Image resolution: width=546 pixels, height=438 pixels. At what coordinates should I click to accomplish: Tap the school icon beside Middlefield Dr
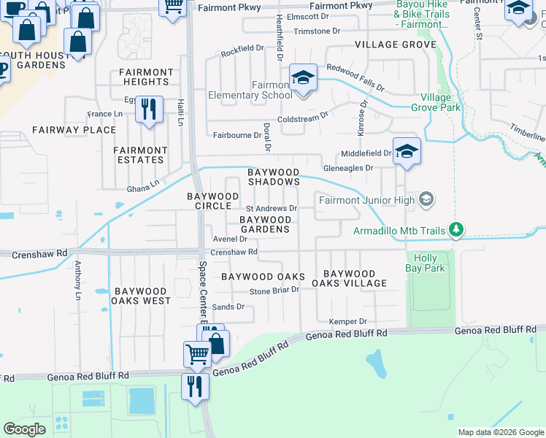point(407,151)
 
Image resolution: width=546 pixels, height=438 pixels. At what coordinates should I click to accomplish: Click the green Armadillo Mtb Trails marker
point(456,231)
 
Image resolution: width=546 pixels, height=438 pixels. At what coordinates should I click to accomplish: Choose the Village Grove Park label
point(440,102)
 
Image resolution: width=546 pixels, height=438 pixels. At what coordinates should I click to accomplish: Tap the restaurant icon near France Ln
point(150,109)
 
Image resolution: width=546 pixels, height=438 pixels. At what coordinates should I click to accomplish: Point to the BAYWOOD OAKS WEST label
point(141,296)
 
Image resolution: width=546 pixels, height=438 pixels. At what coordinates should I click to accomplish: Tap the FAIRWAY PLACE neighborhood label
point(74,130)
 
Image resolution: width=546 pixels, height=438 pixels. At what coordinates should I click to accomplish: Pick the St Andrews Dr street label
point(276,208)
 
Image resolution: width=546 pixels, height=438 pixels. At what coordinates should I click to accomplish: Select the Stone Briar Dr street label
point(275,290)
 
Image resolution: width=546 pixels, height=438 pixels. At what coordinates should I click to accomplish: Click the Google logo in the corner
point(24,429)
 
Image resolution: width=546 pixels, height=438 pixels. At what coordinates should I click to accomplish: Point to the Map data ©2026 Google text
point(500,432)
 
